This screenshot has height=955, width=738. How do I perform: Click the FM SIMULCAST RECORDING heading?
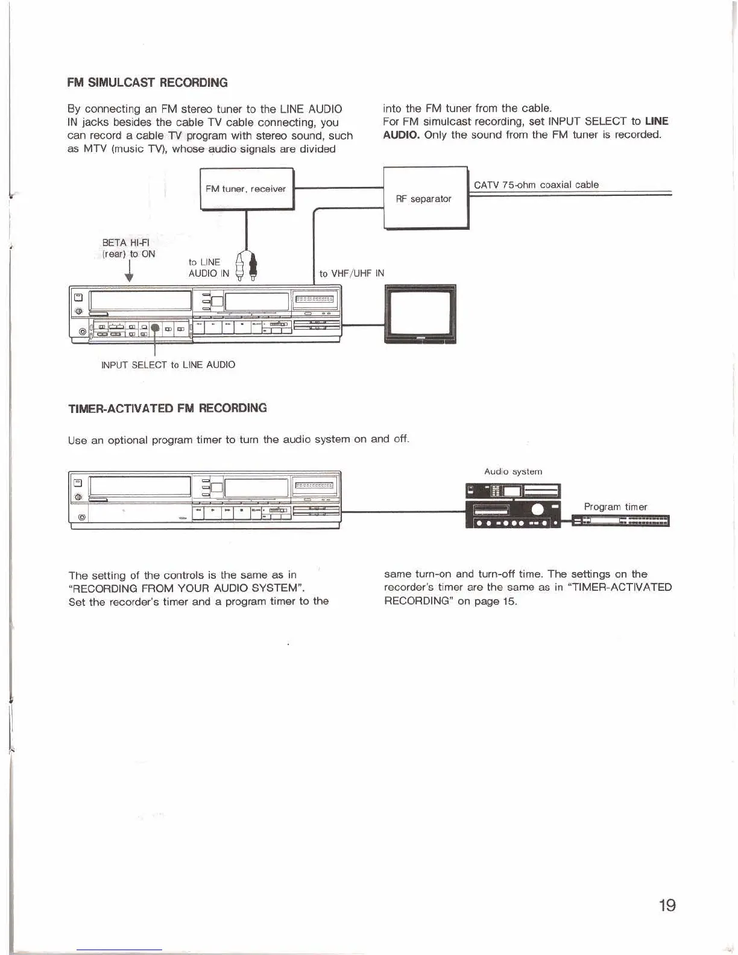click(148, 83)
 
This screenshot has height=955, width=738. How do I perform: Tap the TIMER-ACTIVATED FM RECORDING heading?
click(168, 408)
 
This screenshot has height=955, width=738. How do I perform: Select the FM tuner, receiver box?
click(247, 189)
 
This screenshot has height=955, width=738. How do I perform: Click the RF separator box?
click(426, 198)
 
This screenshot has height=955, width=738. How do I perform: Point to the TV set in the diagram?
click(420, 314)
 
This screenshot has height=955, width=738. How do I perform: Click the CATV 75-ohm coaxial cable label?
click(536, 185)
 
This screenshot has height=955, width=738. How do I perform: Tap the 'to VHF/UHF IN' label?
click(352, 274)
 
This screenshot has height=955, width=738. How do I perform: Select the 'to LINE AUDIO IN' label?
click(208, 268)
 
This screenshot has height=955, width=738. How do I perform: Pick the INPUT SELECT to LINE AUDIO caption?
click(168, 365)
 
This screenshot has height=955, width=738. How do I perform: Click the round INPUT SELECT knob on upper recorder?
click(155, 328)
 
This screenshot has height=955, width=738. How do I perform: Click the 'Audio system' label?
click(513, 471)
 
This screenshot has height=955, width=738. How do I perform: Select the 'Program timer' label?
click(615, 507)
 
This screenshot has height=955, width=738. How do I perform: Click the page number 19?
click(667, 905)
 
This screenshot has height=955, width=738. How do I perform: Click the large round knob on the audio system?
click(537, 509)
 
